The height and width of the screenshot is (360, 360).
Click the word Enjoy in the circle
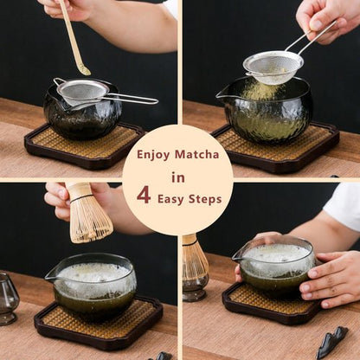(x=154, y=155)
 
